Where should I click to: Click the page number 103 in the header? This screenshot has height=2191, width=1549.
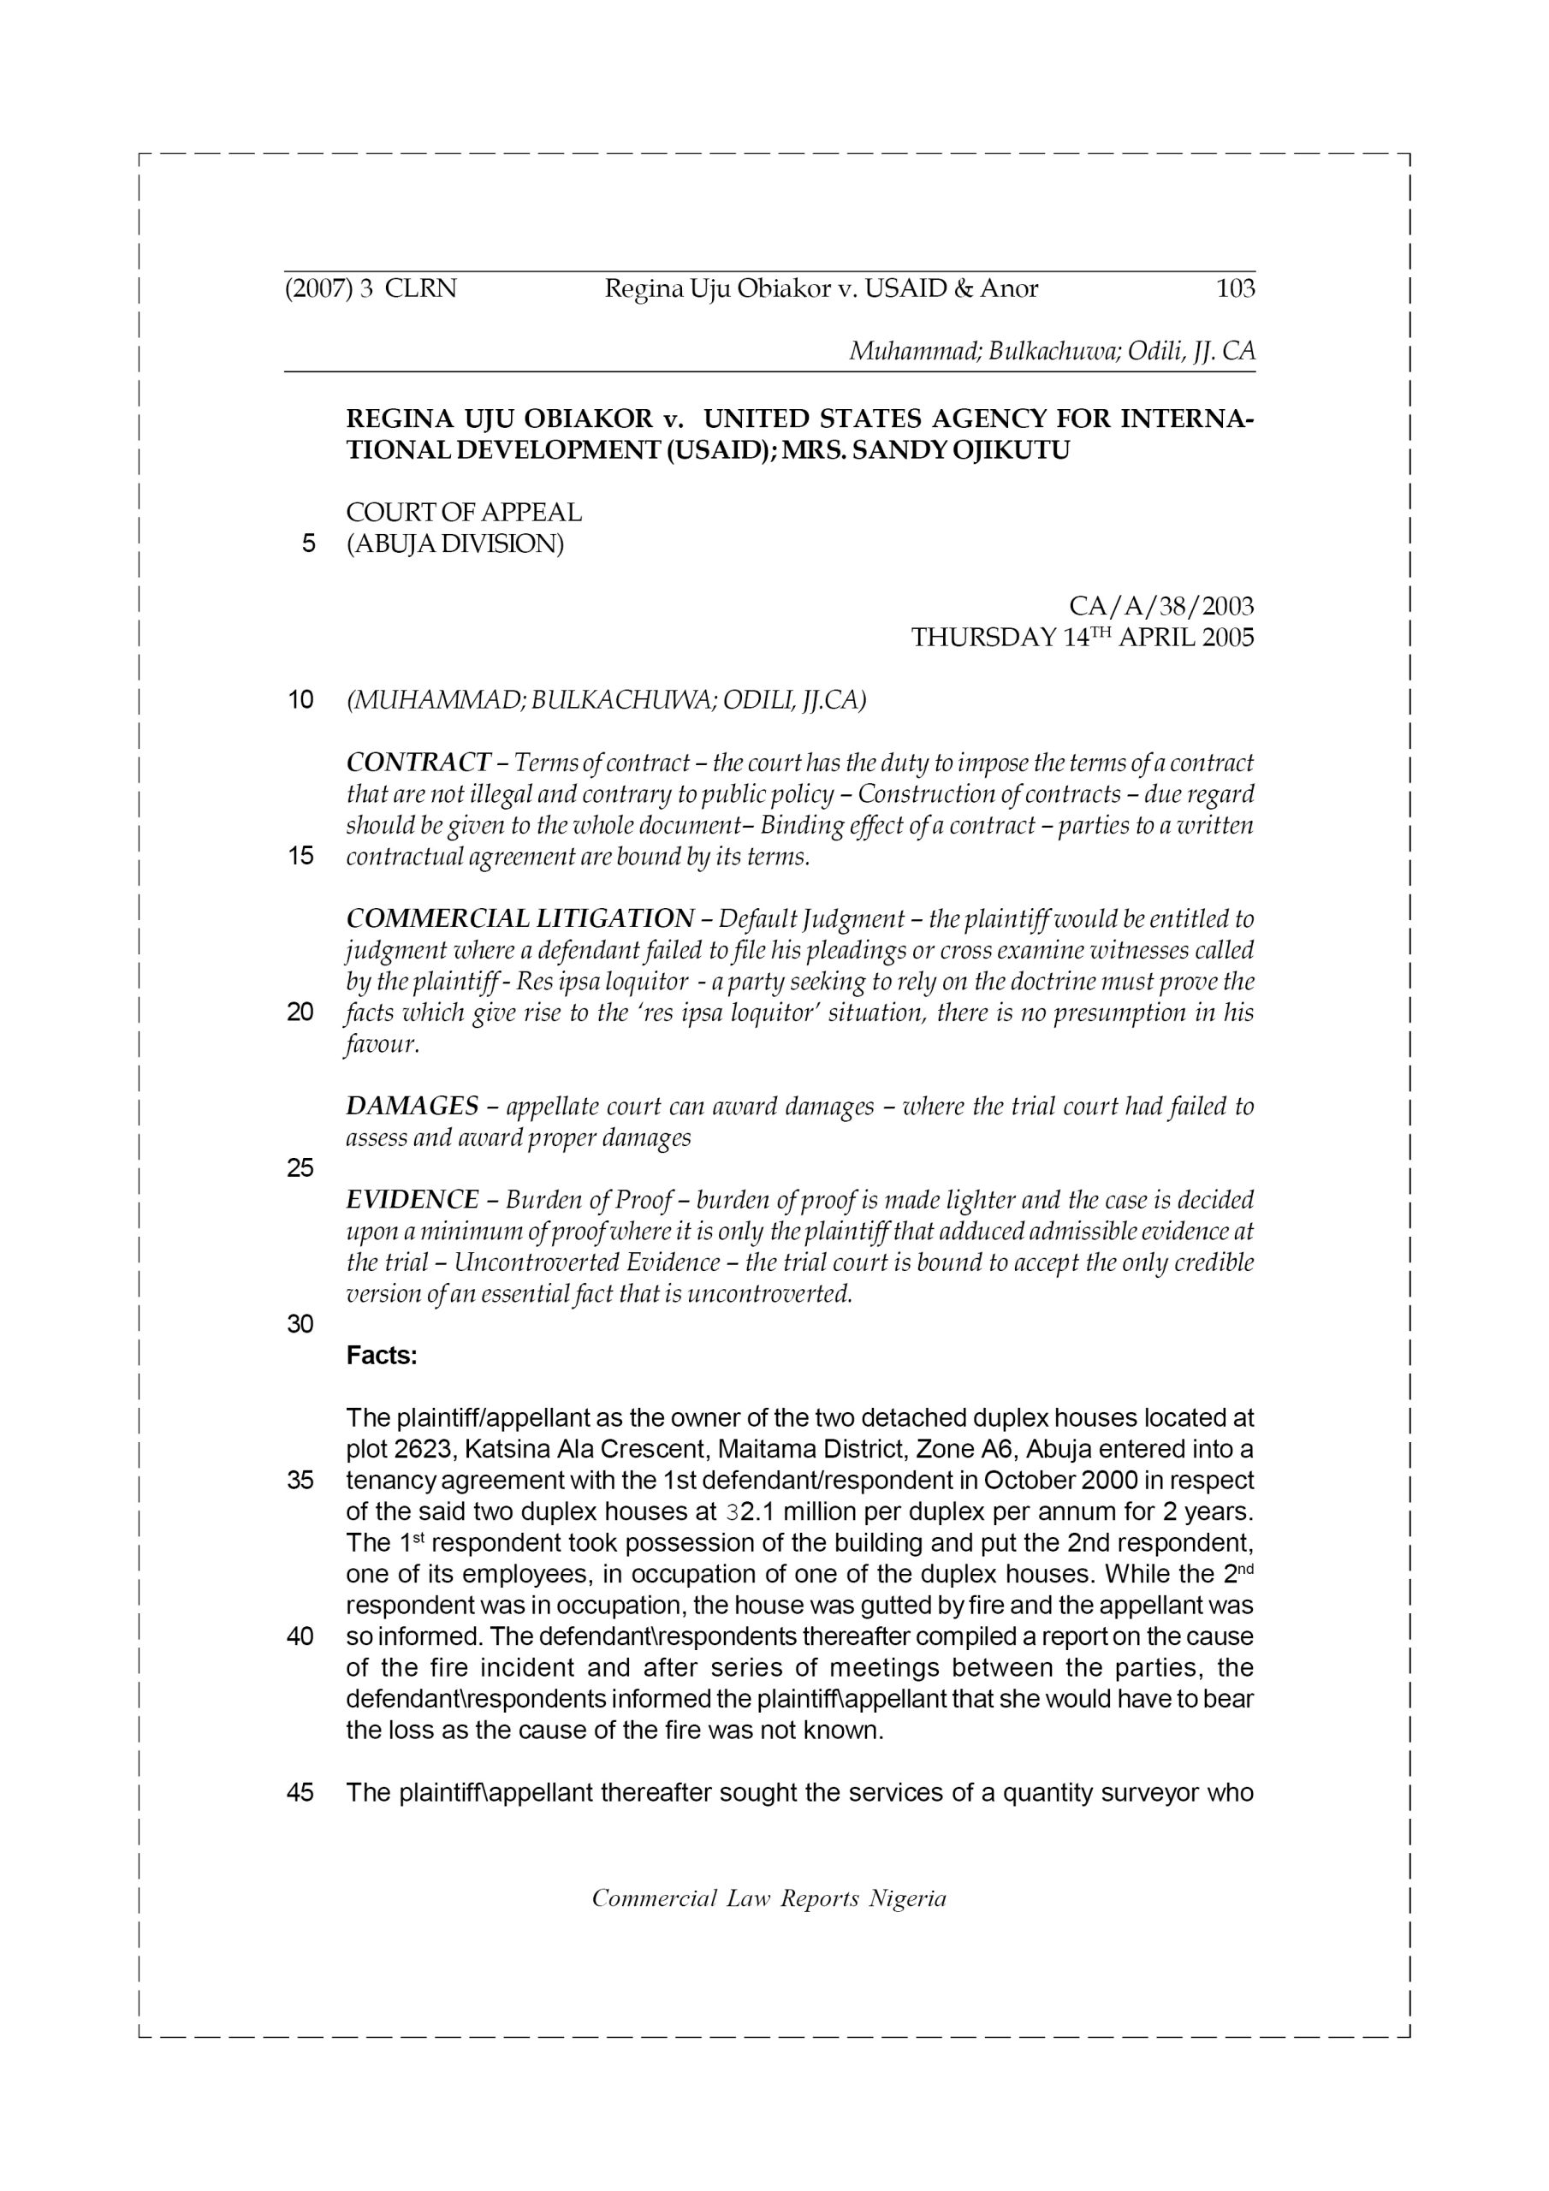[1235, 288]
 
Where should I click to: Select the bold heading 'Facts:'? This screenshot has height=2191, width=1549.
[382, 1355]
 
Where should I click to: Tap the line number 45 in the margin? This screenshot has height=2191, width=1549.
[300, 1793]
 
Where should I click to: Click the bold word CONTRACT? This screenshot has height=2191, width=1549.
[418, 763]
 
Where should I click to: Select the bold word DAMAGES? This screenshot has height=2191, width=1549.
[412, 1106]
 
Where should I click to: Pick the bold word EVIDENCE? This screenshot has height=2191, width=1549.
[412, 1200]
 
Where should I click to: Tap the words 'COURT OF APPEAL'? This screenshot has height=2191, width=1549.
[464, 513]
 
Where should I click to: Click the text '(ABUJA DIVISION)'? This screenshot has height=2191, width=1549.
[455, 544]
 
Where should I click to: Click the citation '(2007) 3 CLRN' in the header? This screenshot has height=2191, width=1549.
[371, 288]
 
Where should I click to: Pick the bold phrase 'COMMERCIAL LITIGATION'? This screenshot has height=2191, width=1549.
[520, 919]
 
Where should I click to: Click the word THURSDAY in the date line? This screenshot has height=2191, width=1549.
[983, 638]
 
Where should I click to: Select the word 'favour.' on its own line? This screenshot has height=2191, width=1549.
[383, 1044]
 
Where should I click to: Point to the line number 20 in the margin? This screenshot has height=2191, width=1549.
[300, 1012]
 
